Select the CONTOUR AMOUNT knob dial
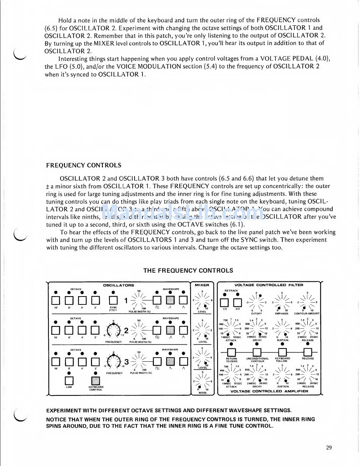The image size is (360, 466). pos(307,302)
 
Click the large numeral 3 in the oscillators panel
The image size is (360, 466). pos(126,362)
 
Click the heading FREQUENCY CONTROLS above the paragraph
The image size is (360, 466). pos(84,165)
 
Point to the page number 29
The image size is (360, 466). pos(329,447)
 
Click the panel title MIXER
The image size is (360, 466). pos(202,285)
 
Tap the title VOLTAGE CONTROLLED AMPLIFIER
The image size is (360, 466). pos(269,391)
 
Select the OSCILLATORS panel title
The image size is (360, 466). pos(118,285)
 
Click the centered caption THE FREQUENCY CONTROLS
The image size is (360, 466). pos(188,270)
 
